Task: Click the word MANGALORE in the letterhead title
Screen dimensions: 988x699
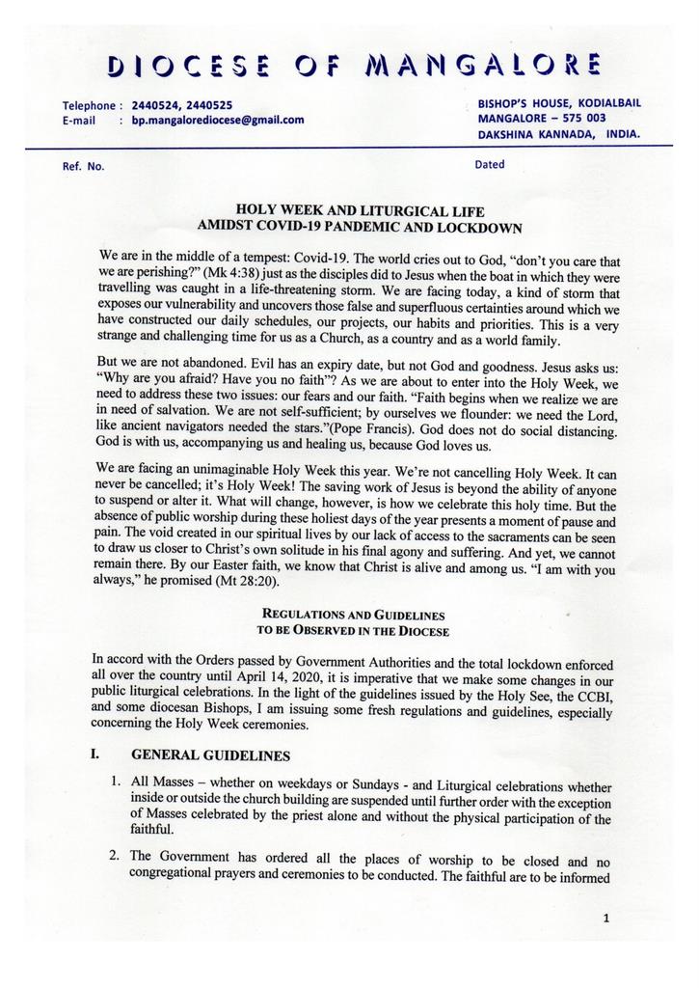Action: click(x=484, y=66)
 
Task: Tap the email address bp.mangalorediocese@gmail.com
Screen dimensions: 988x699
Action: click(x=218, y=121)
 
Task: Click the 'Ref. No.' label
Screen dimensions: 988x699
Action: click(x=83, y=166)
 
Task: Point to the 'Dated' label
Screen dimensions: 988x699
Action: click(x=490, y=164)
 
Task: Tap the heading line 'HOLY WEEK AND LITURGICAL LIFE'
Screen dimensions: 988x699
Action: click(x=360, y=210)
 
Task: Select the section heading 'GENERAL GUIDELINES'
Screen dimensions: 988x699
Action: click(x=210, y=755)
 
